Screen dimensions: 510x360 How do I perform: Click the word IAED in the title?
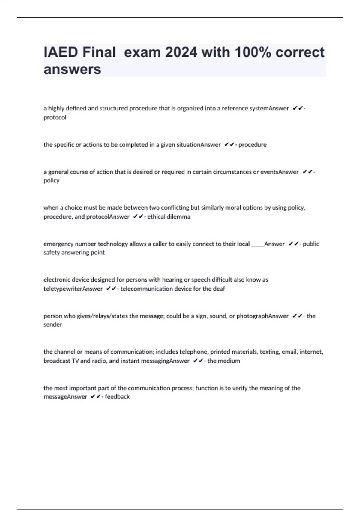click(61, 52)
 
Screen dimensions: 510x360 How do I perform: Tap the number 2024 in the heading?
click(181, 52)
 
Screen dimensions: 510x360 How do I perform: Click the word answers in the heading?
click(72, 70)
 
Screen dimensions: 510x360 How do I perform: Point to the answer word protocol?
click(55, 117)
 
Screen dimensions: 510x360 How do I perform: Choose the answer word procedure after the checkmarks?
click(252, 145)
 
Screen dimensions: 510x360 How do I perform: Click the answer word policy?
click(51, 180)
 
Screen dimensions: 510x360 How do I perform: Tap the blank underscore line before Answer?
click(257, 244)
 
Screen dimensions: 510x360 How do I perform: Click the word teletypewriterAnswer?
click(73, 289)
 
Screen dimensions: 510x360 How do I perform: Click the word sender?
click(53, 324)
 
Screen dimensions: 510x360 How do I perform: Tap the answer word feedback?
click(117, 397)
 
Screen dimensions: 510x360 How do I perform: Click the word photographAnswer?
click(262, 316)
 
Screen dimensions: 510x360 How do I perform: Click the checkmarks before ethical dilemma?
click(138, 217)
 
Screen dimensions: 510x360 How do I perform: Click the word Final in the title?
click(99, 52)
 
